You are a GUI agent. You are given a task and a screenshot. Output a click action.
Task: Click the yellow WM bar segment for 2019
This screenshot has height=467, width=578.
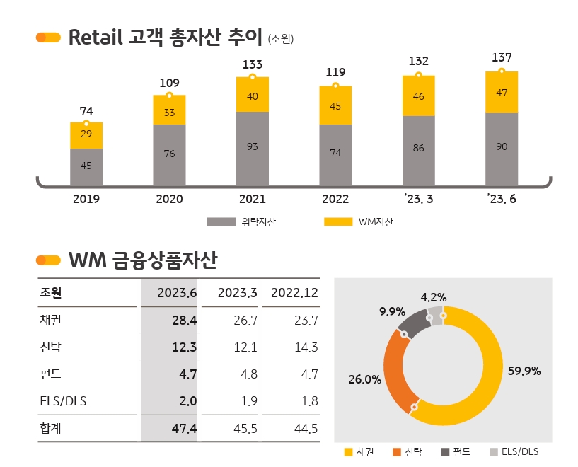pyautogui.click(x=86, y=135)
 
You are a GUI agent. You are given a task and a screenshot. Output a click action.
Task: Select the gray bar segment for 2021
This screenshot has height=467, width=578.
pyautogui.click(x=253, y=146)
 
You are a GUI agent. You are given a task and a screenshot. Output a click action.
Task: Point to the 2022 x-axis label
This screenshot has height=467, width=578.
pyautogui.click(x=335, y=199)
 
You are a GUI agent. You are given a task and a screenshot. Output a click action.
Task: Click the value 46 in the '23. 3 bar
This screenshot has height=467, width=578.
pyautogui.click(x=418, y=96)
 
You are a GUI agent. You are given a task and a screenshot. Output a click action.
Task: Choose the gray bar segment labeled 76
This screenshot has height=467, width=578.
pyautogui.click(x=169, y=154)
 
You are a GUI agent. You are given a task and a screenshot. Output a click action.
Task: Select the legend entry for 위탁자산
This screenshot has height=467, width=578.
pyautogui.click(x=241, y=222)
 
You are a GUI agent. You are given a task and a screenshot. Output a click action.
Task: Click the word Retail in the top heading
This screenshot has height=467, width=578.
pyautogui.click(x=96, y=38)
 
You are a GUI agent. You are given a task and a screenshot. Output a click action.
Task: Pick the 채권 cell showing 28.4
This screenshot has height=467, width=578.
pyautogui.click(x=183, y=321)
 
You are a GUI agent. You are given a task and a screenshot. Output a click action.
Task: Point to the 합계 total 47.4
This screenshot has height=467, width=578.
pyautogui.click(x=183, y=429)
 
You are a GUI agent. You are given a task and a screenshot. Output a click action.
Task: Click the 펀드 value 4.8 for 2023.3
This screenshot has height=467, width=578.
pyautogui.click(x=245, y=374)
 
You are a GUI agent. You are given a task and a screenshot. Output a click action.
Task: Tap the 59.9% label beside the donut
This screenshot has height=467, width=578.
pyautogui.click(x=524, y=371)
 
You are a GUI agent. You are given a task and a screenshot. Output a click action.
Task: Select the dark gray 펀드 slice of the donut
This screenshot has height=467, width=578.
pyautogui.click(x=413, y=324)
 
